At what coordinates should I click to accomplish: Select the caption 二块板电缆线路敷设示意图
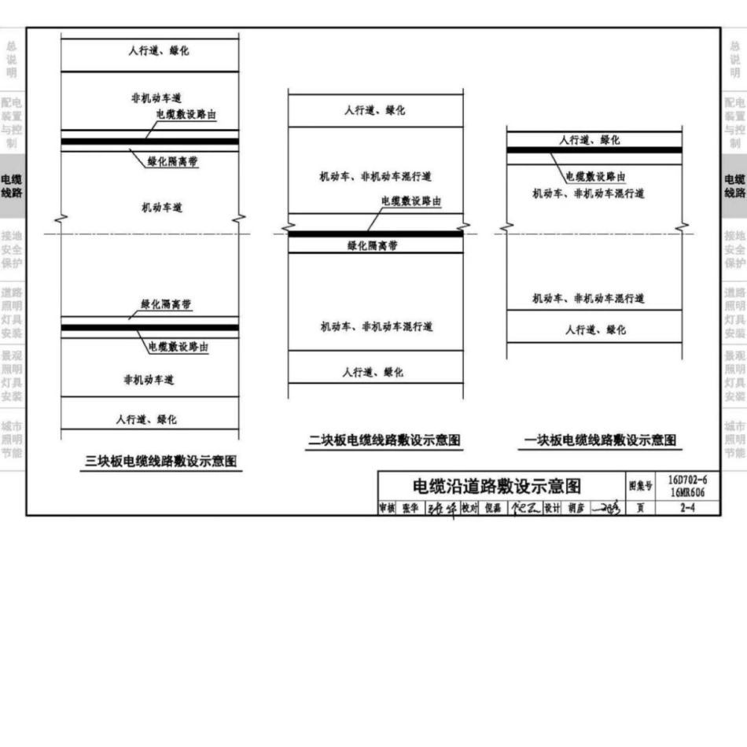pyautogui.click(x=385, y=440)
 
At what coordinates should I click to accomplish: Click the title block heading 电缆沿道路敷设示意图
pyautogui.click(x=497, y=485)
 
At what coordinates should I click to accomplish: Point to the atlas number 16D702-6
pyautogui.click(x=687, y=480)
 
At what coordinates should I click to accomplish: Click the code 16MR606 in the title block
pyautogui.click(x=687, y=491)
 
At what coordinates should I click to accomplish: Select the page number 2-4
pyautogui.click(x=687, y=508)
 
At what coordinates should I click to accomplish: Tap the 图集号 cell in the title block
pyautogui.click(x=639, y=485)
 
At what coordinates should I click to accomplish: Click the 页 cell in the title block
pyautogui.click(x=639, y=508)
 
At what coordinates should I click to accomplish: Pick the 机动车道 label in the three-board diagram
pyautogui.click(x=162, y=208)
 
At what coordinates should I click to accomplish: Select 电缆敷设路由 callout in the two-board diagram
pyautogui.click(x=410, y=202)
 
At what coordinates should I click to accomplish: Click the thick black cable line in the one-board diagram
pyautogui.click(x=594, y=150)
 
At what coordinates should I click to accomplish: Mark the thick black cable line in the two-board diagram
pyautogui.click(x=376, y=234)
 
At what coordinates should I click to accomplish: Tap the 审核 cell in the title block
pyautogui.click(x=386, y=508)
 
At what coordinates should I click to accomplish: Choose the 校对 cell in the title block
pyautogui.click(x=469, y=508)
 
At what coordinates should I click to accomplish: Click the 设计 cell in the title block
pyautogui.click(x=552, y=508)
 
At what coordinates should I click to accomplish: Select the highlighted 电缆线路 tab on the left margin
pyautogui.click(x=12, y=186)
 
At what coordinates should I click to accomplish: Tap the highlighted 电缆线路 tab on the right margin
pyautogui.click(x=734, y=186)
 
